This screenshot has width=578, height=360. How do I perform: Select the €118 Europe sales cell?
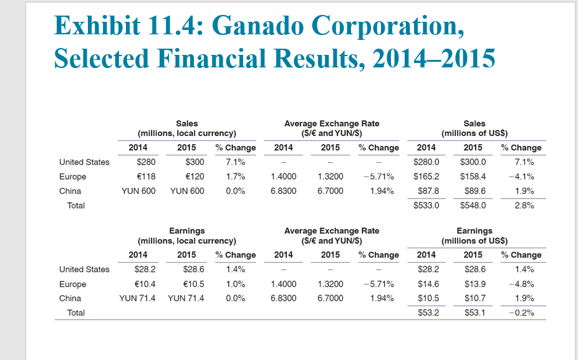click(145, 177)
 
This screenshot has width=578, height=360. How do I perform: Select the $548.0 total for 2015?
click(473, 205)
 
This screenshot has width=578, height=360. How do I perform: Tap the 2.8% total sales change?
click(523, 205)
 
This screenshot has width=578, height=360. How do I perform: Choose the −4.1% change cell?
click(521, 177)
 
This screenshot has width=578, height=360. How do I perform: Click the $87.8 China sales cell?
click(428, 191)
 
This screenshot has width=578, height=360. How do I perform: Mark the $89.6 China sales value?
click(475, 191)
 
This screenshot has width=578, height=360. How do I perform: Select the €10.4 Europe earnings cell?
click(145, 284)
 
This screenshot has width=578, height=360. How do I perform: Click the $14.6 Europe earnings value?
click(428, 284)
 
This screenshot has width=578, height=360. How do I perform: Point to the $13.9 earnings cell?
click(475, 284)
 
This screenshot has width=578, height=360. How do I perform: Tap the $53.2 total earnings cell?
click(428, 313)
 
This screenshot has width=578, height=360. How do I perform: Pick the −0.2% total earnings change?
click(521, 313)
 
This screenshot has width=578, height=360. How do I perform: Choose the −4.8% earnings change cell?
click(521, 284)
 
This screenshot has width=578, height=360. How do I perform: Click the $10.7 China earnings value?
click(475, 298)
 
